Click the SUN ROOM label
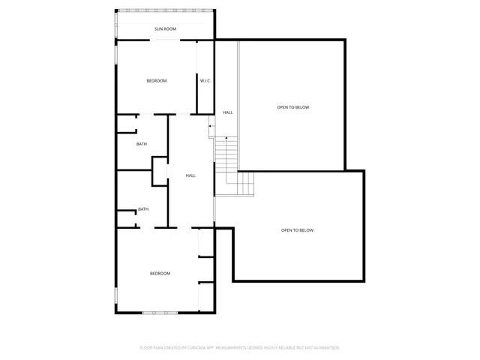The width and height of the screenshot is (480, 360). (165, 28)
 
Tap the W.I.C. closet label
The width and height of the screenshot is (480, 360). (205, 80)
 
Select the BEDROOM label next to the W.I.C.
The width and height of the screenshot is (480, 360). (156, 80)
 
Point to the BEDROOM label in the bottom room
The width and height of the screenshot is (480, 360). (160, 273)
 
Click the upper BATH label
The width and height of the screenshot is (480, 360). (141, 144)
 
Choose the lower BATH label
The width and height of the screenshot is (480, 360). (142, 209)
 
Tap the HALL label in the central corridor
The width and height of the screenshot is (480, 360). (190, 175)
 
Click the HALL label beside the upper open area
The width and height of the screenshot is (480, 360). (227, 112)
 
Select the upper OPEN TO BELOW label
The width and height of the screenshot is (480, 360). (292, 107)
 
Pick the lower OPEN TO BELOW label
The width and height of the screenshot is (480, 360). (297, 230)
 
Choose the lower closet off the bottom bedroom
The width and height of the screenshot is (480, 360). (206, 296)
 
